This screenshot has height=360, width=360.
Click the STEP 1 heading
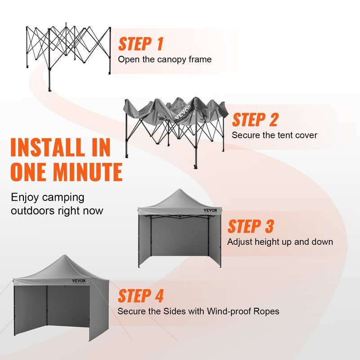click(140, 44)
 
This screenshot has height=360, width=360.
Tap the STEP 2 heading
click(255, 120)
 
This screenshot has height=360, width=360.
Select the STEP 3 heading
click(250, 226)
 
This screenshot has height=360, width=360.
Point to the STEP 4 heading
click(140, 296)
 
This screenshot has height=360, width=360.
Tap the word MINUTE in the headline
click(85, 172)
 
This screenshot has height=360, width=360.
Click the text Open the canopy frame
click(164, 59)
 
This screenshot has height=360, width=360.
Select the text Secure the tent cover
click(274, 135)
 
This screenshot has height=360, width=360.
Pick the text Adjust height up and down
click(280, 242)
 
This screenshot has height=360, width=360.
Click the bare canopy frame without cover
click(67, 49)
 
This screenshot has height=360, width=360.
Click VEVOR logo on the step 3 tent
click(210, 210)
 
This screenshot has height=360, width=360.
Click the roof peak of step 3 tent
click(180, 190)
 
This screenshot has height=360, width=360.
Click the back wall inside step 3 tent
click(180, 236)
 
